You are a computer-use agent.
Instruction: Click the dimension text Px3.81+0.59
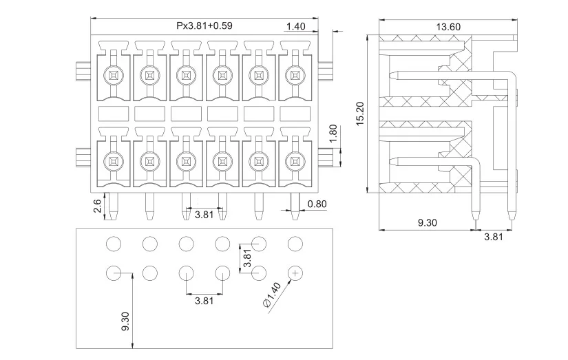(204, 25)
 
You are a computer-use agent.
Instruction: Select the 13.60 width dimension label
(448, 27)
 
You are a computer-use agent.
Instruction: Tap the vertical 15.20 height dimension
(360, 114)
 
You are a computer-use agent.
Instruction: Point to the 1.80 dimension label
(333, 134)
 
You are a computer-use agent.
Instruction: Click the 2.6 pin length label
(97, 206)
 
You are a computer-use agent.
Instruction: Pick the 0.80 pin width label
(317, 204)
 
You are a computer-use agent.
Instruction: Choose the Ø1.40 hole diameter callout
(272, 295)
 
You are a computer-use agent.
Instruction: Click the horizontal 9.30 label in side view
(428, 222)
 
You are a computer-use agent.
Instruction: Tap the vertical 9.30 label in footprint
(125, 321)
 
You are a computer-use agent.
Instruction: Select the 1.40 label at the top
(296, 26)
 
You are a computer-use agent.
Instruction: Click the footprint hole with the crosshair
(295, 273)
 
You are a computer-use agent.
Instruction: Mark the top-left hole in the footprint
(114, 244)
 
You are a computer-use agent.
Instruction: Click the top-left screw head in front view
(114, 76)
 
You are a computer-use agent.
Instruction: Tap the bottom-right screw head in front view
(295, 162)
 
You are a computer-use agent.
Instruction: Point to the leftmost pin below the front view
(114, 206)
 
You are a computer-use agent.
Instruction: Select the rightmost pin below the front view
(295, 206)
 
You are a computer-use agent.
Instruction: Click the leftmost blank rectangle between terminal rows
(114, 114)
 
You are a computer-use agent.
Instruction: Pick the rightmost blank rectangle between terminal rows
(295, 114)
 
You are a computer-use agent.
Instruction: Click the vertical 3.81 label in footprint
(247, 258)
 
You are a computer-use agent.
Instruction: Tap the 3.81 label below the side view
(494, 237)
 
